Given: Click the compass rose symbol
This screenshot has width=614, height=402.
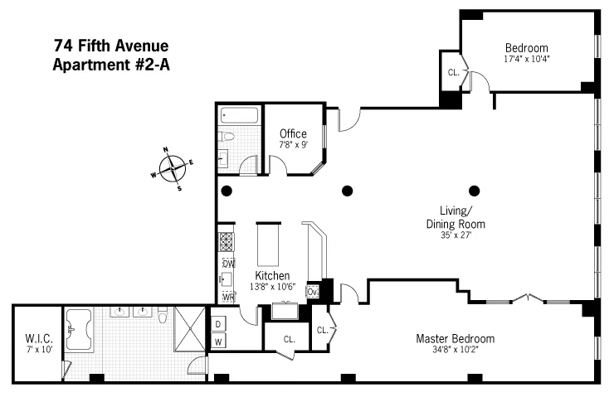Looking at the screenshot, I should click(x=172, y=168).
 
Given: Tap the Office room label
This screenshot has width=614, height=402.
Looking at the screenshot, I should click(x=293, y=133).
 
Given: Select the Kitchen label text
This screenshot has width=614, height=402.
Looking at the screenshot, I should click(x=271, y=274).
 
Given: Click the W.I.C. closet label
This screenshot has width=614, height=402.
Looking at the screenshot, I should click(x=38, y=337).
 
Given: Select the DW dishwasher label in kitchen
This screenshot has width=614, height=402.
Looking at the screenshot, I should click(x=228, y=263).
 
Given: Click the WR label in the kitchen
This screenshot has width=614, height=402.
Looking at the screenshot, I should click(x=228, y=296).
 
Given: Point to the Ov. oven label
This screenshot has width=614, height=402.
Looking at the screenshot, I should click(x=313, y=292).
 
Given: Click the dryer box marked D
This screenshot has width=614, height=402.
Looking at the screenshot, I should click(x=218, y=324).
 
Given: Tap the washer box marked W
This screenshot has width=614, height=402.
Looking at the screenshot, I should click(x=218, y=341).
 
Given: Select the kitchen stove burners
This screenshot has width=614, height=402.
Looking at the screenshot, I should click(x=227, y=241).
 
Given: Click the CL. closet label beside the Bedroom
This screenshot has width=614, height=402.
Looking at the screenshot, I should click(x=454, y=73).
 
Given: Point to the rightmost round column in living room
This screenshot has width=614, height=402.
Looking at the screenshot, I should click(x=475, y=190).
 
